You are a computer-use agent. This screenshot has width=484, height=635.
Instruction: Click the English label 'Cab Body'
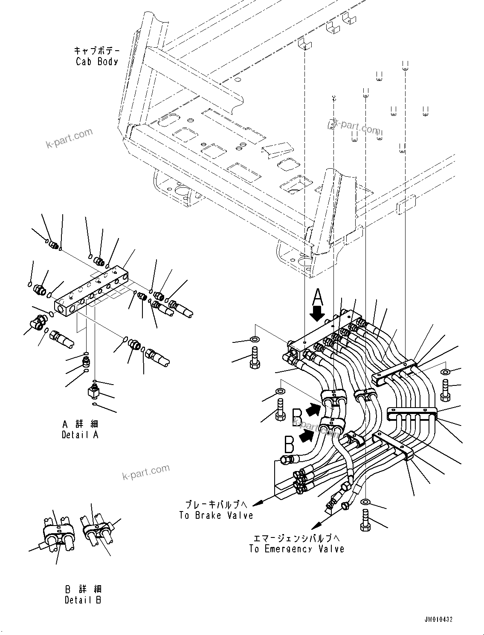[x=97, y=61]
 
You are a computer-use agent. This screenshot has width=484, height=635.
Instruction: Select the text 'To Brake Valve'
[x=216, y=515]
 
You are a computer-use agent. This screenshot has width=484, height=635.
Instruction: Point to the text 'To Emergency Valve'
[x=297, y=549]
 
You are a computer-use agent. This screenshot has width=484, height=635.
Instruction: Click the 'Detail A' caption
[x=80, y=435]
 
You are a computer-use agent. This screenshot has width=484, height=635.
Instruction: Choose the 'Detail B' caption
[x=84, y=600]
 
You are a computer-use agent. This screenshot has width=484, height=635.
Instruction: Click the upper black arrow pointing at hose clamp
[x=313, y=409]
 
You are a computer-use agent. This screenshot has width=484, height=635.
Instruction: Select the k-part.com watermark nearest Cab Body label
[x=70, y=138]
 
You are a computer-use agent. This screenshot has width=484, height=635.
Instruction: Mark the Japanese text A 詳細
[x=80, y=424]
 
